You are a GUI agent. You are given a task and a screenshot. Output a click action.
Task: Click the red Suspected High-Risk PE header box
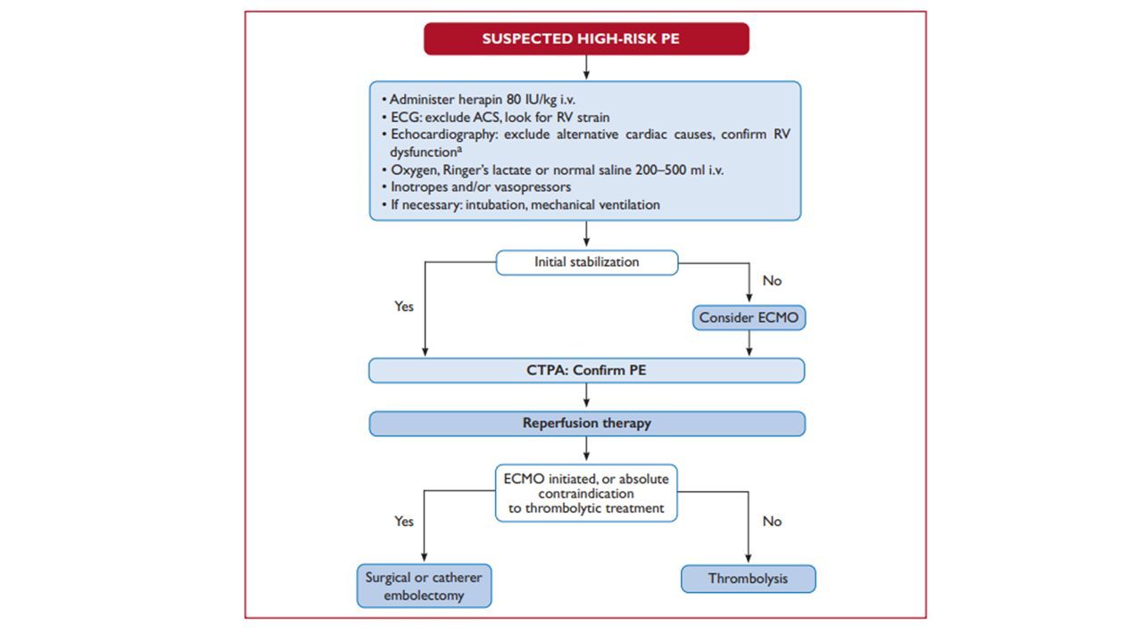(586, 38)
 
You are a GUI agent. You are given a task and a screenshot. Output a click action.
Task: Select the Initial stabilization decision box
(587, 262)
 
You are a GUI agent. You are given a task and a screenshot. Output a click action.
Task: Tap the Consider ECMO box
(749, 317)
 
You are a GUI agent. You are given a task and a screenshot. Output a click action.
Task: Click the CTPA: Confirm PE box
(586, 370)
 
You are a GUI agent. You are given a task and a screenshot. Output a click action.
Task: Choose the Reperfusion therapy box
(587, 424)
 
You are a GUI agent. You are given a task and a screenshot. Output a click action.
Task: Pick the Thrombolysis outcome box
(748, 579)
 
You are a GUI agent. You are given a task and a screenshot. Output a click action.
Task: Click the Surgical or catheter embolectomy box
(424, 586)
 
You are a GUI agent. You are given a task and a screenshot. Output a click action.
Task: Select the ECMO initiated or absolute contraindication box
(586, 493)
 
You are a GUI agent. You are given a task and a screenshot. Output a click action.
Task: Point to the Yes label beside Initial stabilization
(404, 306)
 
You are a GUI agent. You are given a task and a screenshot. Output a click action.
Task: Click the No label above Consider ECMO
(772, 281)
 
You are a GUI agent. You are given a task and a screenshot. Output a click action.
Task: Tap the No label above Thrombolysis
(772, 522)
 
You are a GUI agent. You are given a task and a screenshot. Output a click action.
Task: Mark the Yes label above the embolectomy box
(404, 522)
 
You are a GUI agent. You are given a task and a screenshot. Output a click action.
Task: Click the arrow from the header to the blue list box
(586, 67)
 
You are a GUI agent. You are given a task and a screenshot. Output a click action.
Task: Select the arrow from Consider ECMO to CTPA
(749, 343)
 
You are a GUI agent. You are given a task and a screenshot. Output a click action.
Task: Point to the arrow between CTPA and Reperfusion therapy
(586, 396)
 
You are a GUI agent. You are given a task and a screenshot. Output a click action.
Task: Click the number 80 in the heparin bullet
(513, 99)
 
